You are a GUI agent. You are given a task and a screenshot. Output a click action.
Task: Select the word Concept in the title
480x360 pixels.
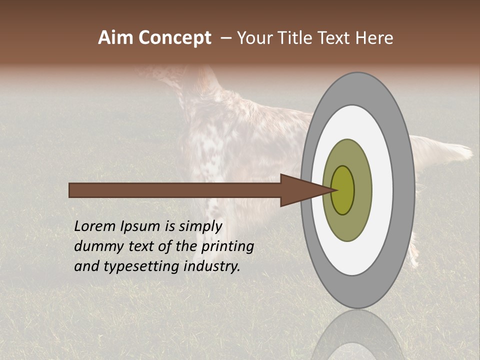(175, 38)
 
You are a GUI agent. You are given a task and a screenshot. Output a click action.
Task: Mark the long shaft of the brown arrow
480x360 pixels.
(175, 190)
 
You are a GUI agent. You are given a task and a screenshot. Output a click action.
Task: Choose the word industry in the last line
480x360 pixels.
(212, 267)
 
